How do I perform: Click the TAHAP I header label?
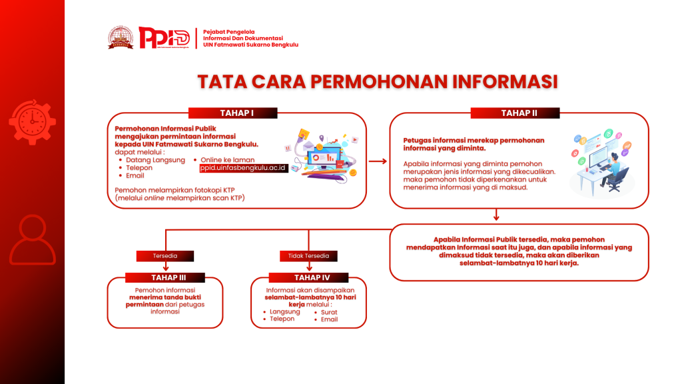pos(232,113)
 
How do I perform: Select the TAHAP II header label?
pos(519,113)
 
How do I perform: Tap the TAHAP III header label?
pos(165,277)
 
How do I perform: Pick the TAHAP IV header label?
pos(308,277)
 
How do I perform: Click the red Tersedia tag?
pos(165,255)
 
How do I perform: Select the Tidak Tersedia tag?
pos(308,255)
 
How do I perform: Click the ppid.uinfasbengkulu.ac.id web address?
pos(244,168)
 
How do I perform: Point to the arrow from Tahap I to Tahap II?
pos(378,161)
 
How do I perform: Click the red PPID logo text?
pos(164,37)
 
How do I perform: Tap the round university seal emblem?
pos(121,37)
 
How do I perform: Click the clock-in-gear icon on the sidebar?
pos(31,121)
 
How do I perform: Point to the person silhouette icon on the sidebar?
pos(32,239)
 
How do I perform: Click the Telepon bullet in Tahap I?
pos(139,168)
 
